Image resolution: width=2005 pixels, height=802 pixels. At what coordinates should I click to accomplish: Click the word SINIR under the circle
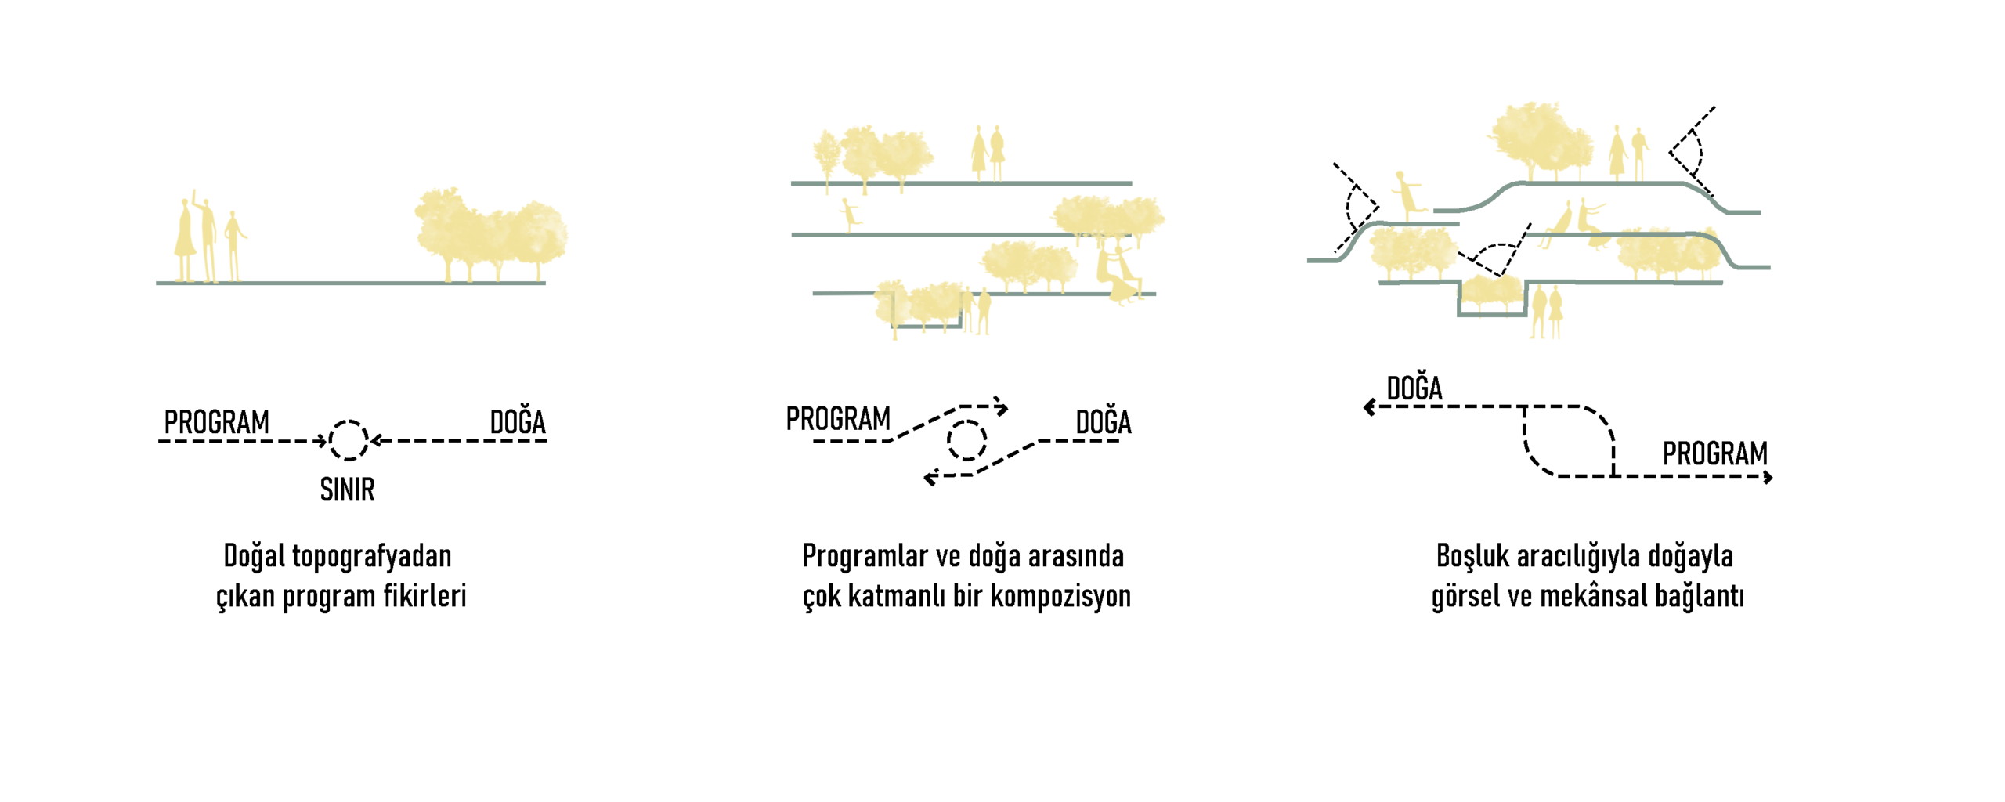(x=347, y=490)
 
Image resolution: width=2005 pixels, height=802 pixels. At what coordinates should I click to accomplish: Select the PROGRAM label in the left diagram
(x=216, y=422)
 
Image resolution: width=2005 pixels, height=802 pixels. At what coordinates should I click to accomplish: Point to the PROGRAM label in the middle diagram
(x=838, y=419)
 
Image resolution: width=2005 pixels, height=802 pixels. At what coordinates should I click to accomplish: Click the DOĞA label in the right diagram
(x=1414, y=387)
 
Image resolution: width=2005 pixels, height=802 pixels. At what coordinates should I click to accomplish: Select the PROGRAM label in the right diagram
(x=1715, y=453)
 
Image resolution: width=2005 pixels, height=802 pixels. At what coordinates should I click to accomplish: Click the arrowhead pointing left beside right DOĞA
(x=1369, y=407)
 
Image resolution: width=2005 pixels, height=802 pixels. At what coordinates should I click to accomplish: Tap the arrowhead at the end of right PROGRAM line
(x=1768, y=476)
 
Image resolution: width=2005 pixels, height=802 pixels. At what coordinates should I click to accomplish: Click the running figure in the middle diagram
(x=850, y=215)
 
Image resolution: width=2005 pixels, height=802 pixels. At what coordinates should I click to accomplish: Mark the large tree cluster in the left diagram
(x=490, y=234)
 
